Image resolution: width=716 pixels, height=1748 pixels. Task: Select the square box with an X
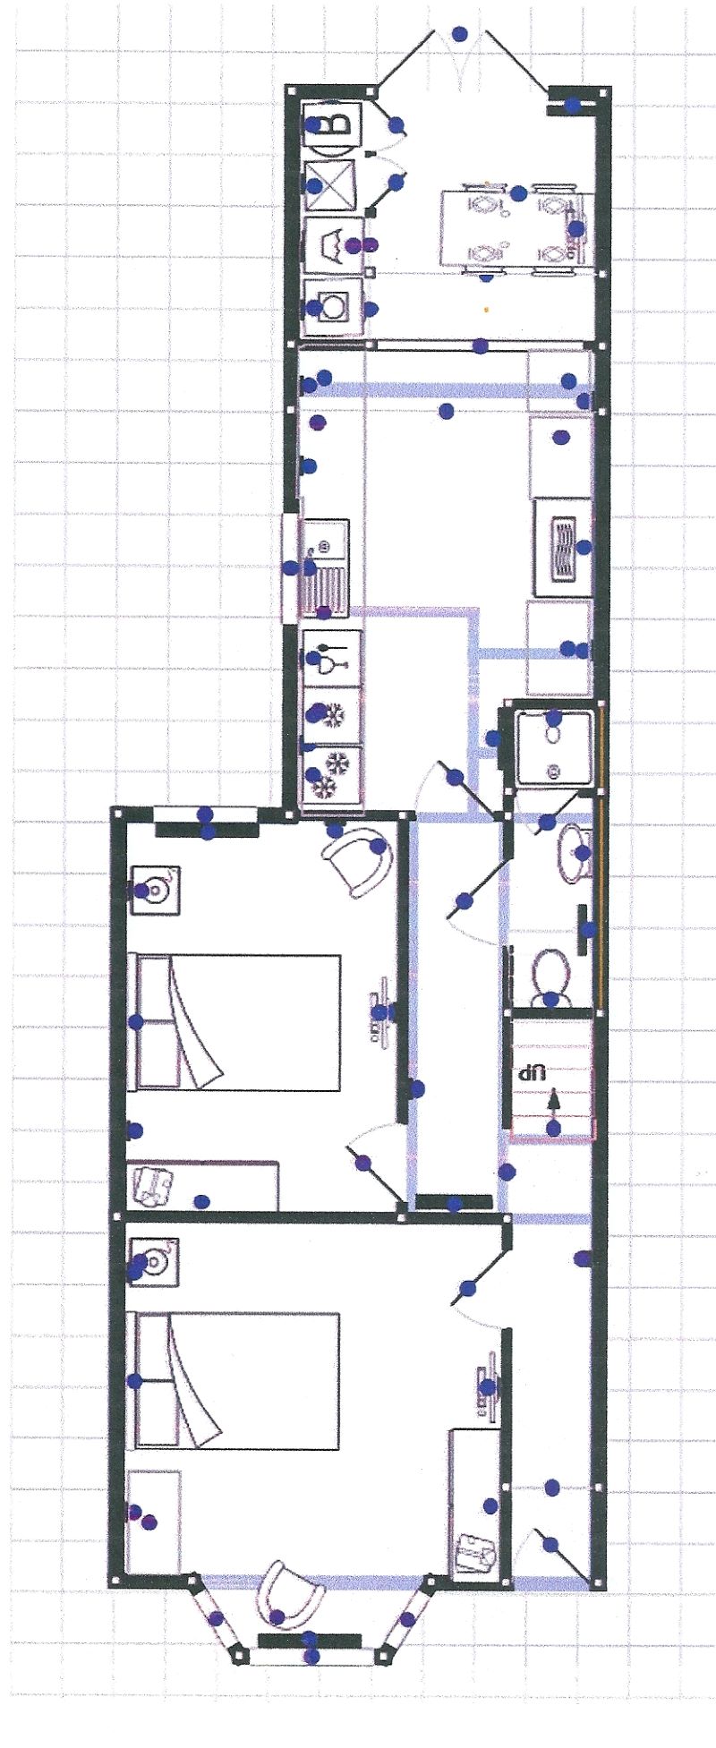click(331, 185)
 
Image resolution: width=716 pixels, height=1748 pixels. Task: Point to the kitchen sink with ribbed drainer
click(324, 569)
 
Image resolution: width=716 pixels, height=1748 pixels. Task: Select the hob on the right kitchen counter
click(562, 547)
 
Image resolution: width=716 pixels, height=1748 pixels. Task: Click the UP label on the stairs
click(534, 1071)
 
